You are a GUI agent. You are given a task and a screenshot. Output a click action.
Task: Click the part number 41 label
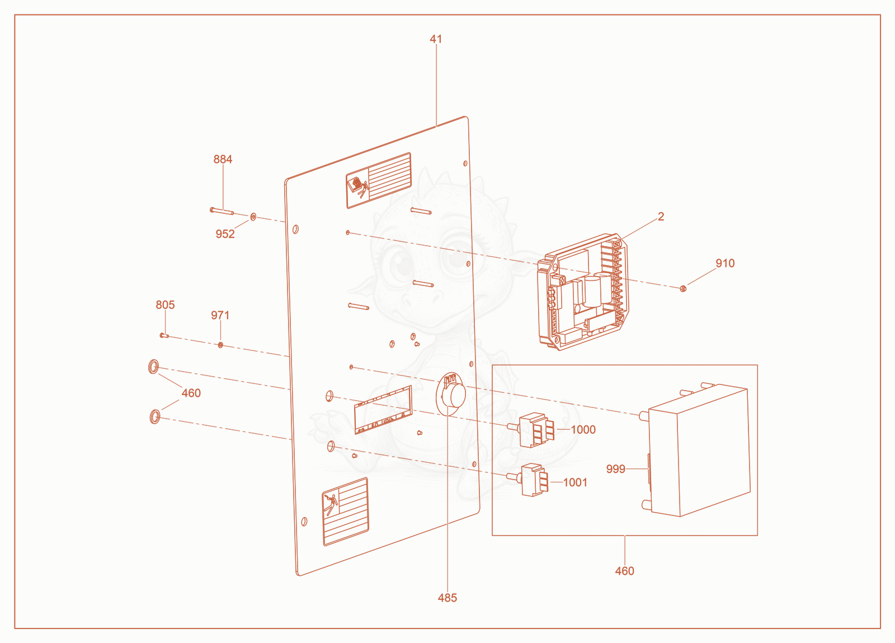coord(436,39)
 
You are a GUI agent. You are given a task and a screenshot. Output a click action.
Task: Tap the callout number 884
coord(223,159)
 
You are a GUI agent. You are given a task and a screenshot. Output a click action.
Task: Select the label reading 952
coord(225,234)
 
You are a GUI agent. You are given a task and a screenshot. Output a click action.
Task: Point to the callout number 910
coord(725,264)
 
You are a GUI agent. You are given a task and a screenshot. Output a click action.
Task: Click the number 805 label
coord(165,305)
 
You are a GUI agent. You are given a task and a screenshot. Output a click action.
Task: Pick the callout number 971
coord(220,315)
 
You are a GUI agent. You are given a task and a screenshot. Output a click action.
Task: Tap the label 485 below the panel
coord(447,598)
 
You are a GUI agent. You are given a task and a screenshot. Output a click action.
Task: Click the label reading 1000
coord(583,430)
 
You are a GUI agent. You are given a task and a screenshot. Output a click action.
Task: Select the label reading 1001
coord(575,482)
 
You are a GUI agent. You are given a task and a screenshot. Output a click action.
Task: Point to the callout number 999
coord(616,469)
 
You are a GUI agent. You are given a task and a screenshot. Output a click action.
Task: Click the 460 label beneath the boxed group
coord(624,571)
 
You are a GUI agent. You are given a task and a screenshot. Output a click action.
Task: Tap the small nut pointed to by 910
coord(683,289)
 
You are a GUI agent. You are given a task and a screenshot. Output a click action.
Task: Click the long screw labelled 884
coord(222,211)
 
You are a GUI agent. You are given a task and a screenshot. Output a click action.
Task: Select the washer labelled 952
coord(253,217)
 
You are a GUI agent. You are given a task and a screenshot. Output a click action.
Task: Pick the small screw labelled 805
coord(164,336)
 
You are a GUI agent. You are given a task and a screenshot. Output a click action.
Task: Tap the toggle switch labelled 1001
coord(527,480)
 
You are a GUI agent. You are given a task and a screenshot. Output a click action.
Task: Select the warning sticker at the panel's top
coord(378,180)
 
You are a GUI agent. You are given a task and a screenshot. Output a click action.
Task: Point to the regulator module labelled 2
coord(583,292)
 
